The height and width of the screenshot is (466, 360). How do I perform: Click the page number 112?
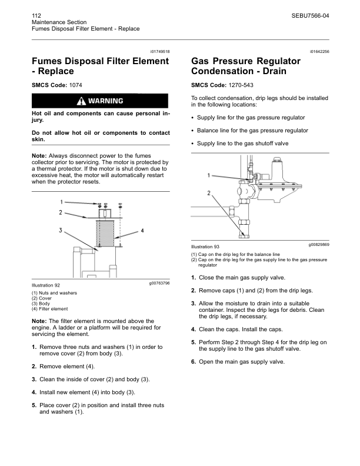[36, 14]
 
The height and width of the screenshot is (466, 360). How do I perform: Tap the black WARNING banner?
[101, 101]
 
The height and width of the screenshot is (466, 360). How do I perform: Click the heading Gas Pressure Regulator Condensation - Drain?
[246, 66]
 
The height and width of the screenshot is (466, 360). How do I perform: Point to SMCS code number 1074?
[76, 85]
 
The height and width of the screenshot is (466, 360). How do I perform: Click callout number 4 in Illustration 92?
[143, 230]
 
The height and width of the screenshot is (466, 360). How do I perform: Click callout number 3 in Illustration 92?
[61, 230]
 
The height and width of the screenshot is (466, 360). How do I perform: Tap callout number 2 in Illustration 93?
[208, 193]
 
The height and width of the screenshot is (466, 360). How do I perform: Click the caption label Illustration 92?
[45, 285]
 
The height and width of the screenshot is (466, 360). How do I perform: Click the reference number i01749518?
[158, 52]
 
